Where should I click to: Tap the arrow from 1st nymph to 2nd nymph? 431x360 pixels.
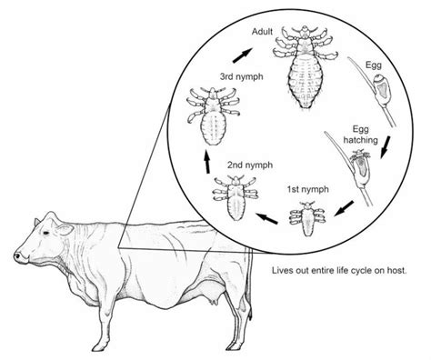pyautogui.click(x=266, y=218)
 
